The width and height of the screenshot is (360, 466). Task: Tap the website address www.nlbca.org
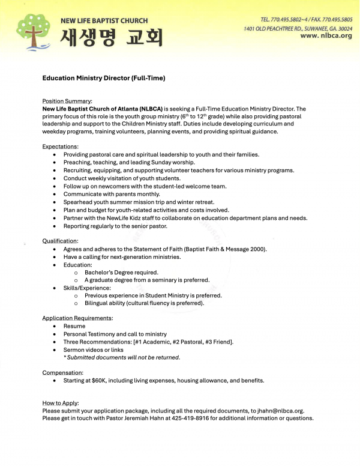326,36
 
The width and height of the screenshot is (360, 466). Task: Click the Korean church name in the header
111,37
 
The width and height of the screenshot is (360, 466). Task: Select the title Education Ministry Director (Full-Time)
103,78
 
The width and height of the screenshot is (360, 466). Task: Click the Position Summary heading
67,101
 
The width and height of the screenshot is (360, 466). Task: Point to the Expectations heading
60,147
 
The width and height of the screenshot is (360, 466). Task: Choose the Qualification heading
60,241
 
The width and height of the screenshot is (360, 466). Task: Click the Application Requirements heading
77,318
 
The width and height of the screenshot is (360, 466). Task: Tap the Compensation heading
62,372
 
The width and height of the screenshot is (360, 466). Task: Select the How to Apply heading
61,403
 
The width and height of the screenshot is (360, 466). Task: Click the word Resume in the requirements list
74,326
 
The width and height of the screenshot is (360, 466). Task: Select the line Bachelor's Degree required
121,272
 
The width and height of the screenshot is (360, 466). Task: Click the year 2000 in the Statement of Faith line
257,249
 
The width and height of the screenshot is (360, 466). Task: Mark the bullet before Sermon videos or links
55,349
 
